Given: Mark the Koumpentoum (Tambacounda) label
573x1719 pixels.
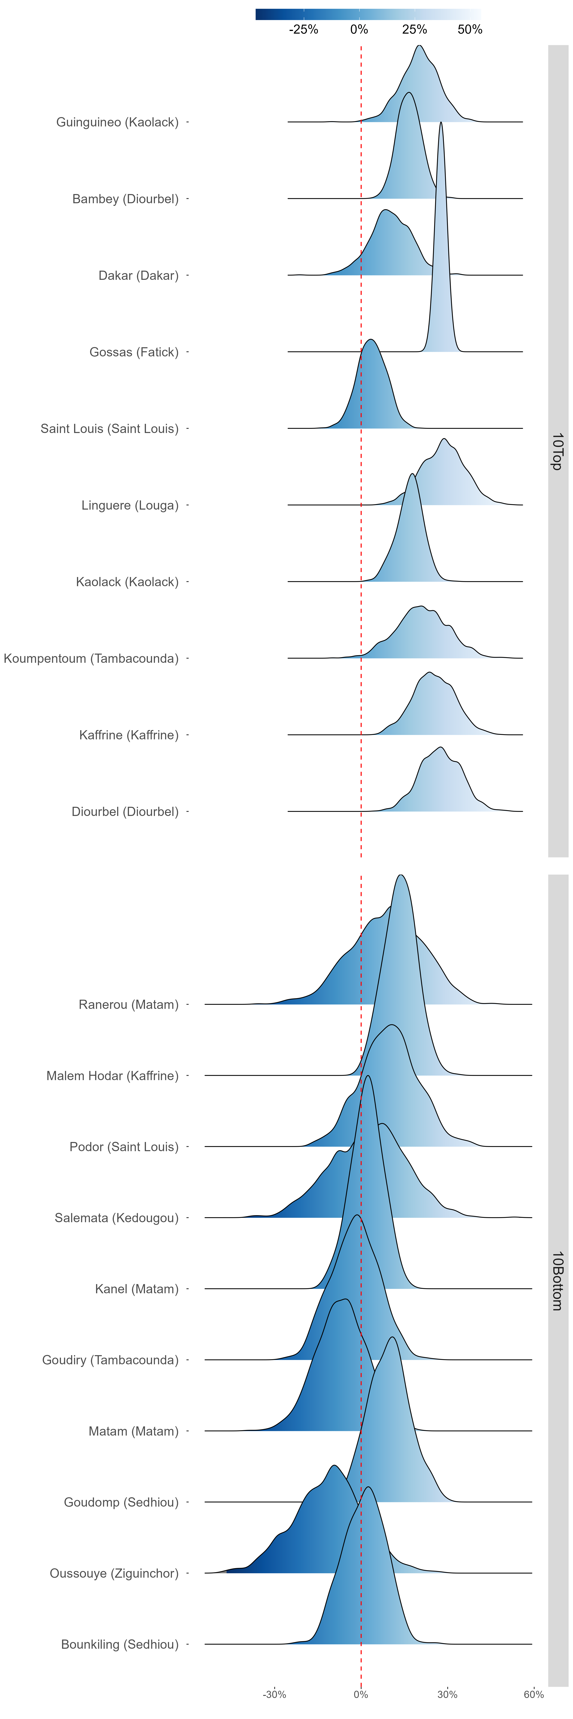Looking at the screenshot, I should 91,659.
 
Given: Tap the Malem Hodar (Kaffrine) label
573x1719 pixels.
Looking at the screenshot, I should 113,1076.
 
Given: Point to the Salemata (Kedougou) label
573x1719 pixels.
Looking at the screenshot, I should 117,1218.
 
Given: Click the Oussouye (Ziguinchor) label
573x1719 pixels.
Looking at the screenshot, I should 114,1573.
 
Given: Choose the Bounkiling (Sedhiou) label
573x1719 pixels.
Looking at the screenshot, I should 120,1644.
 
